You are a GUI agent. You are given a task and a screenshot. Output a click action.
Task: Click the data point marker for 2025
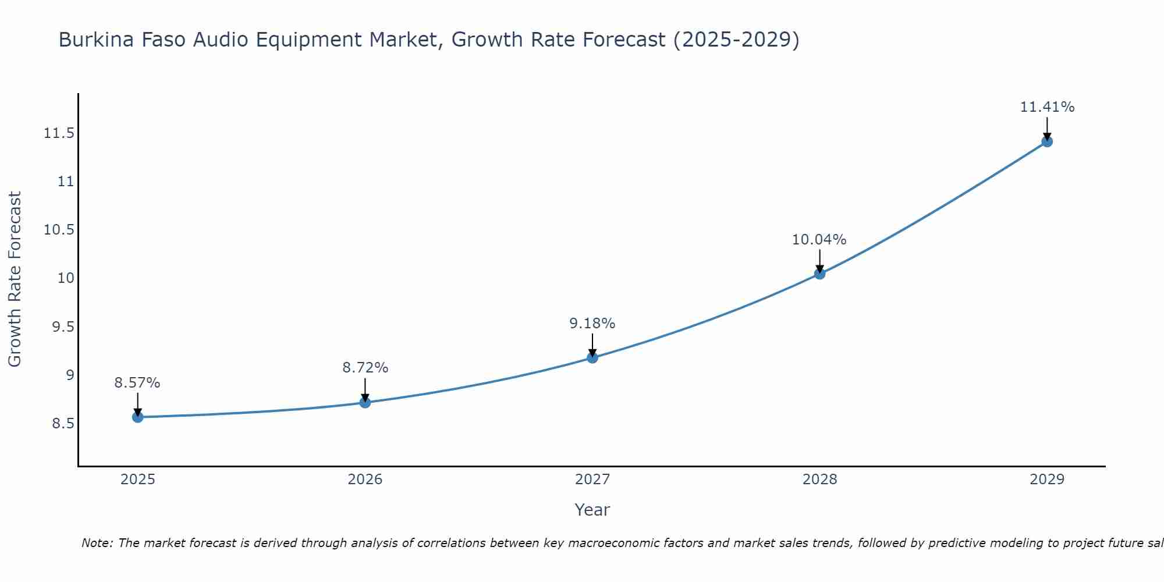[137, 417]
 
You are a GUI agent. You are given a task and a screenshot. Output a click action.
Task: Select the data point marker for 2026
[365, 402]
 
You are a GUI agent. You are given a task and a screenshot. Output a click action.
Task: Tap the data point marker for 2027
[592, 357]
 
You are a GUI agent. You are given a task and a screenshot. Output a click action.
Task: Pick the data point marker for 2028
[819, 274]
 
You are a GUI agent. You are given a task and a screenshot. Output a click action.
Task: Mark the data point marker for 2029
[1046, 141]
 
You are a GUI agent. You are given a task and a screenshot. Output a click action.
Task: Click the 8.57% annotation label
[137, 383]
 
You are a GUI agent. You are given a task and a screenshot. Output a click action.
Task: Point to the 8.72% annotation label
[365, 368]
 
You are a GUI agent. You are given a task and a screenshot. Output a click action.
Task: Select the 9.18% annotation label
[592, 324]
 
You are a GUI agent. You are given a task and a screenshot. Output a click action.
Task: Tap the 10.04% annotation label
[819, 240]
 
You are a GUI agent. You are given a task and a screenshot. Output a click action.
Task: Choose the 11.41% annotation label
[1047, 107]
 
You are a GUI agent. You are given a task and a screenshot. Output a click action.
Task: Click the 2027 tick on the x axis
[592, 480]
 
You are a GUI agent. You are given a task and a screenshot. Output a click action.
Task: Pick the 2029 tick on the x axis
[1046, 480]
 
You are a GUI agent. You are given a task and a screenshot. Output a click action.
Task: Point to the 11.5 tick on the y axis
[59, 134]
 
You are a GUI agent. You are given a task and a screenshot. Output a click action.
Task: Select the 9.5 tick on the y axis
[63, 327]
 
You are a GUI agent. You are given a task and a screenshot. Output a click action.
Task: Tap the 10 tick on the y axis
[66, 278]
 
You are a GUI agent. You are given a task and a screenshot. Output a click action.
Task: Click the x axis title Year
[592, 510]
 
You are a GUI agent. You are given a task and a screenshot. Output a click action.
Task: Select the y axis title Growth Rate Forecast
[15, 279]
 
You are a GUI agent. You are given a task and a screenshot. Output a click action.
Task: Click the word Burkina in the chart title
[95, 40]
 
